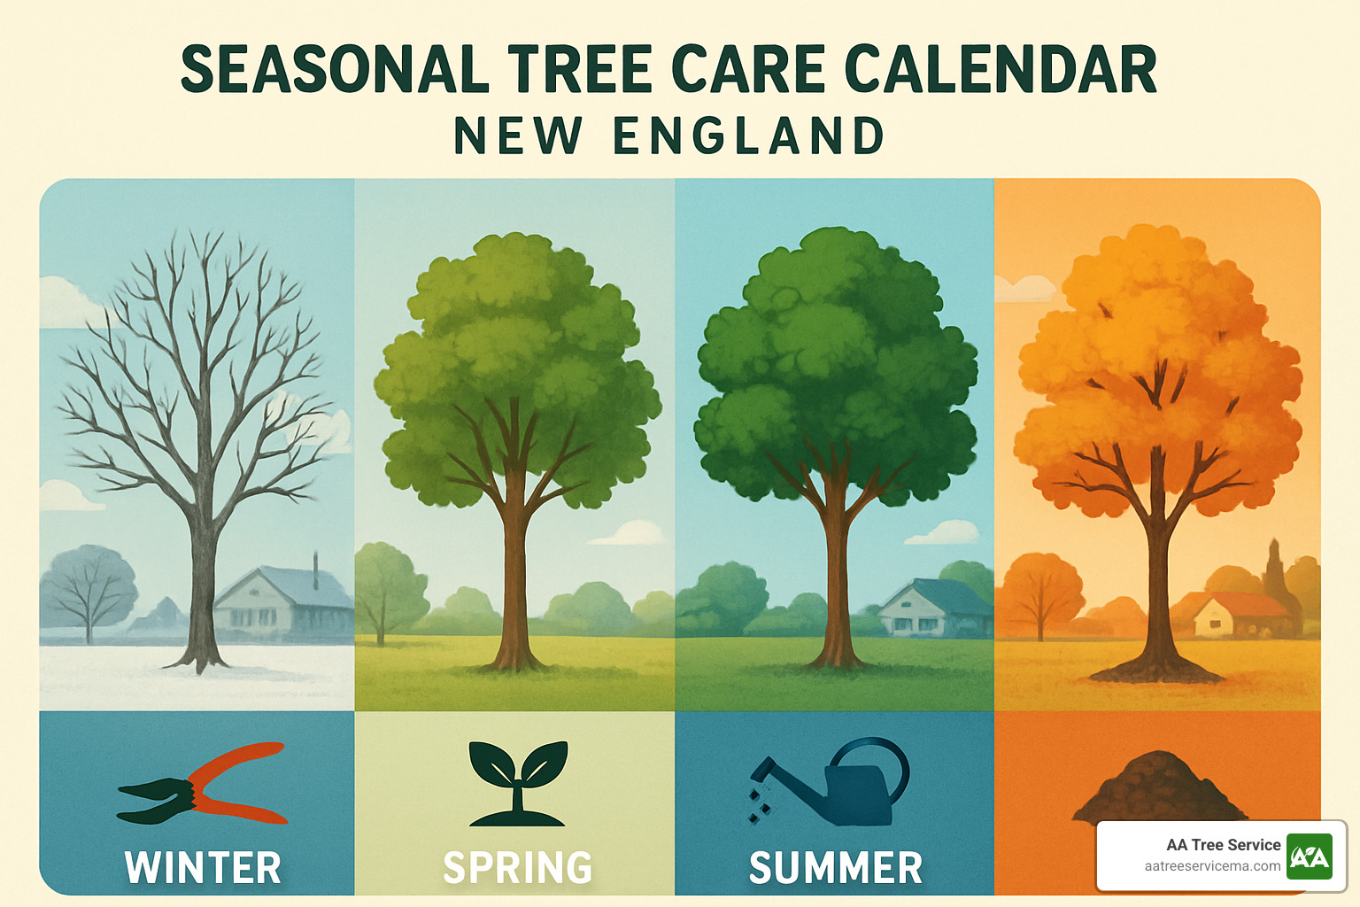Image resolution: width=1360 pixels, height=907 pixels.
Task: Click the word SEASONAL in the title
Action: coord(335,70)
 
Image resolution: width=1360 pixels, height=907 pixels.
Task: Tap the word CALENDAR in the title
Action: coord(1001,70)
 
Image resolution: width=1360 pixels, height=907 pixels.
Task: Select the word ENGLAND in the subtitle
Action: coord(749,136)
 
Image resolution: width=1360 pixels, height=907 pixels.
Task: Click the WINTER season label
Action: coord(203,867)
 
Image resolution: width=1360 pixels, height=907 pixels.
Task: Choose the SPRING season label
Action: coord(518,867)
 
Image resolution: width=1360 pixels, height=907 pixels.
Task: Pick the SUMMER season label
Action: coord(836,867)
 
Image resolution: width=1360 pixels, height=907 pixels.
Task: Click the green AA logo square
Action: coord(1309,856)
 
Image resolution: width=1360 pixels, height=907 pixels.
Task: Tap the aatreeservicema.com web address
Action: coord(1212,866)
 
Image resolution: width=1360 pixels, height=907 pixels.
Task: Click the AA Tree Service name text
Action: coord(1223,845)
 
